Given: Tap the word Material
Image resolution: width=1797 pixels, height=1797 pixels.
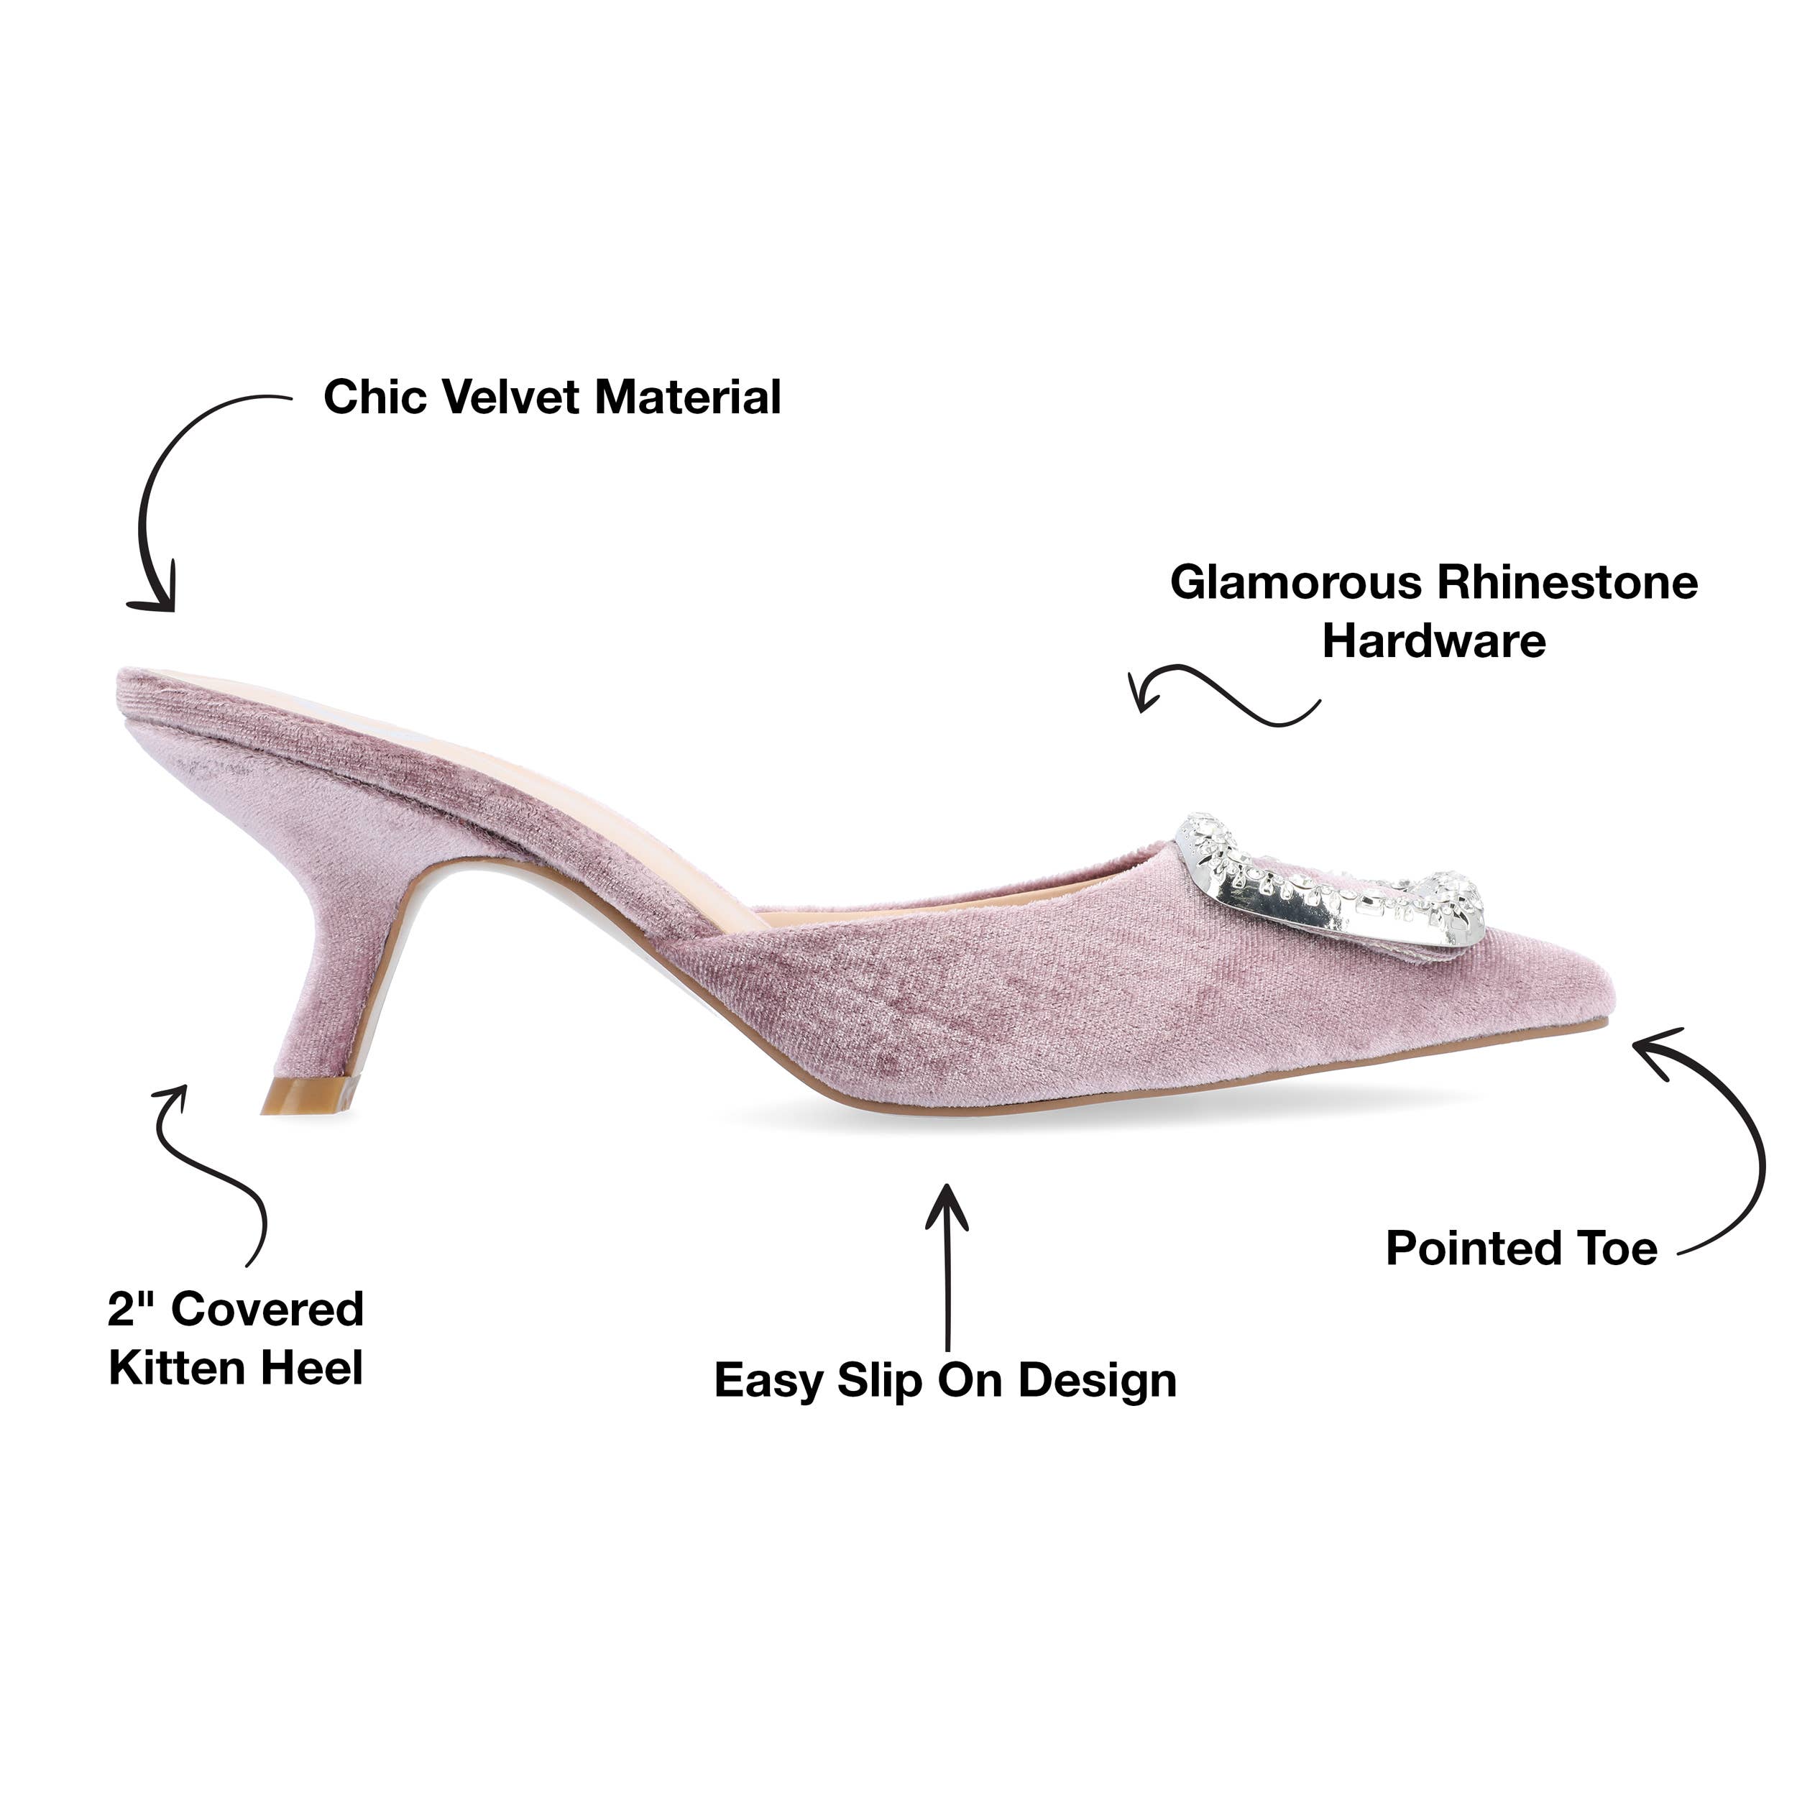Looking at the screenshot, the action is click(687, 397).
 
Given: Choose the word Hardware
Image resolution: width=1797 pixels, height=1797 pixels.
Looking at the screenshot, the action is click(1434, 642).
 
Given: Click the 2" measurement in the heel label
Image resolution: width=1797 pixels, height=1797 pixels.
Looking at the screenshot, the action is click(131, 1310).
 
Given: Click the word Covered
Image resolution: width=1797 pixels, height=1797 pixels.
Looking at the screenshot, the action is click(268, 1310).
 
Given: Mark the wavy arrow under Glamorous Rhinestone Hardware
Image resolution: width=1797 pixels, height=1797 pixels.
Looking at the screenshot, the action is click(1223, 695).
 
